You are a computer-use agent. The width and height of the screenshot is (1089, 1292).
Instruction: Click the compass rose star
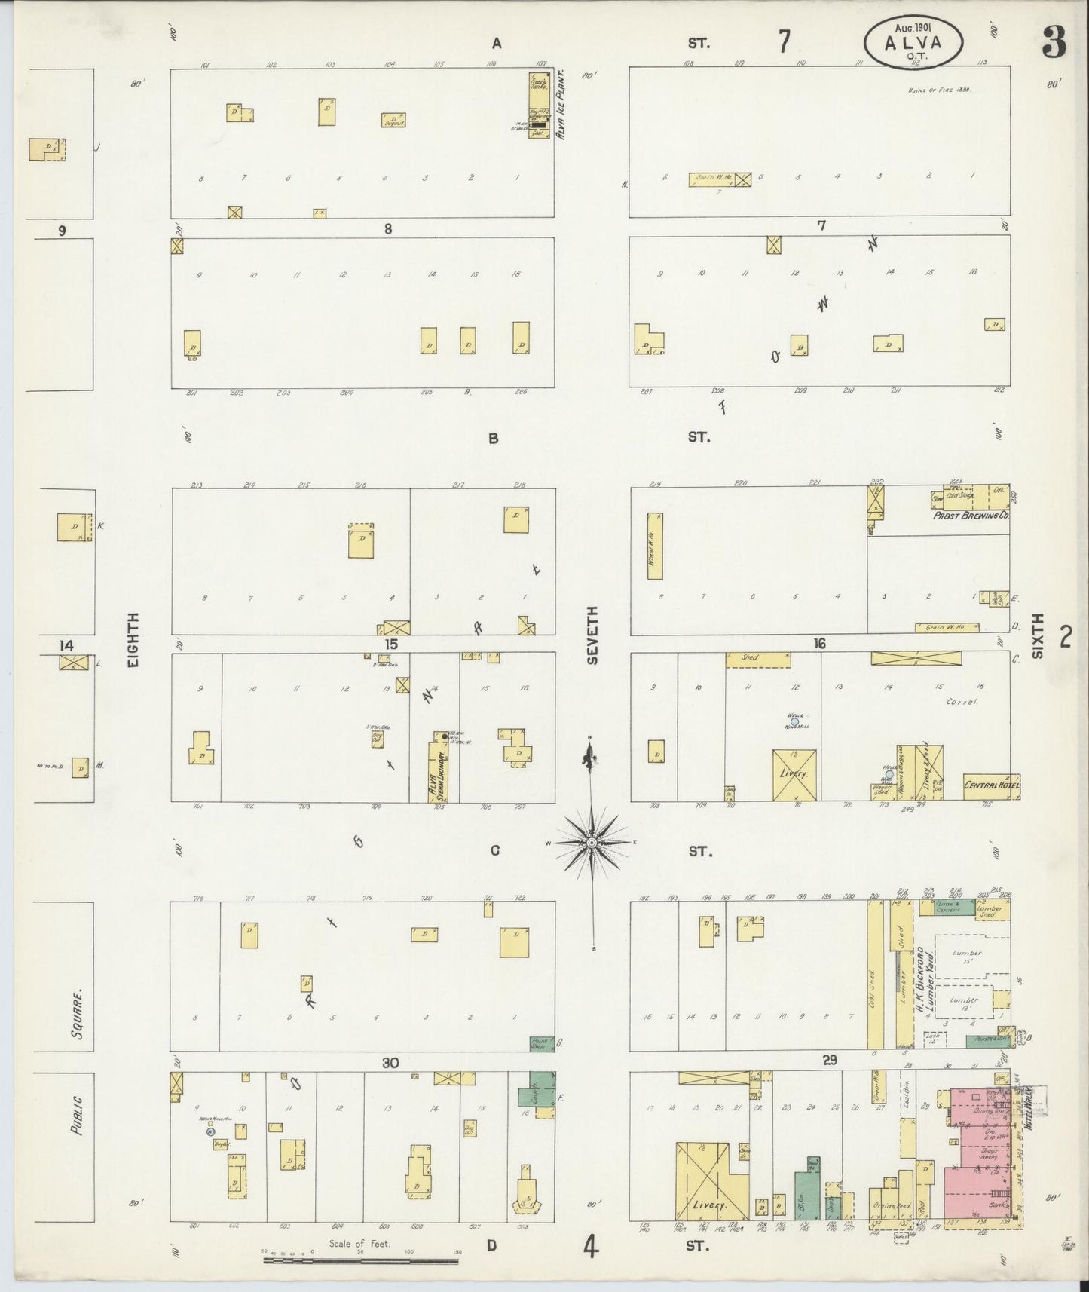(x=592, y=841)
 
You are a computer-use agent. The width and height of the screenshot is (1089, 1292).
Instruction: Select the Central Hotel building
(x=990, y=786)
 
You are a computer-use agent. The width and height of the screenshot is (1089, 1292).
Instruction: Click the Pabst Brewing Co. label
(x=971, y=516)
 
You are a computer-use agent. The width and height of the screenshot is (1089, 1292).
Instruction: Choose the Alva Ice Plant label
(x=560, y=107)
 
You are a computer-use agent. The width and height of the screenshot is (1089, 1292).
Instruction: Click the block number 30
(x=390, y=1063)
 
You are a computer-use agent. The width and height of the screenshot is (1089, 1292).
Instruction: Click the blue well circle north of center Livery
(x=794, y=721)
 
